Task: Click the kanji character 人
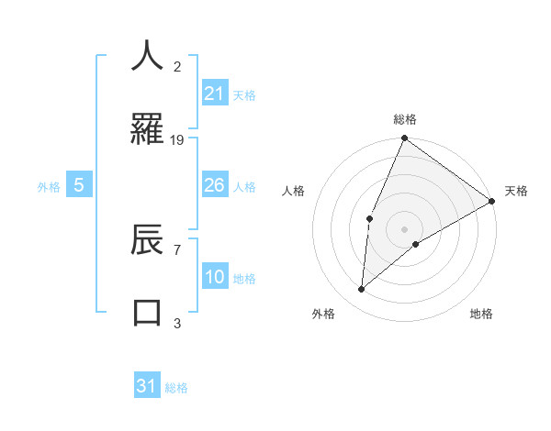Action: tap(147, 56)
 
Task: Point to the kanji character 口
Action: tap(147, 312)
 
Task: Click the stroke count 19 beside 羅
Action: tap(177, 139)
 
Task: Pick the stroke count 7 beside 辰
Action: tap(177, 249)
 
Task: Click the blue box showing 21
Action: tap(215, 94)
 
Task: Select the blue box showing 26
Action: tap(215, 185)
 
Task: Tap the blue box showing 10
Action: tap(215, 277)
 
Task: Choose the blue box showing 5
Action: tap(79, 185)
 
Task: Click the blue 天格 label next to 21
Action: tap(244, 94)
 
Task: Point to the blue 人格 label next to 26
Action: tap(244, 186)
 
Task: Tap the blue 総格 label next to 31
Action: tap(176, 388)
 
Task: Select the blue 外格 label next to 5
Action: tap(49, 186)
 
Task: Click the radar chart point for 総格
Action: tap(404, 138)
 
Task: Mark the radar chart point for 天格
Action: tap(492, 201)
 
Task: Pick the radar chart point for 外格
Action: tap(362, 290)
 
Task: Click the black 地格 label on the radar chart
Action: tap(481, 314)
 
